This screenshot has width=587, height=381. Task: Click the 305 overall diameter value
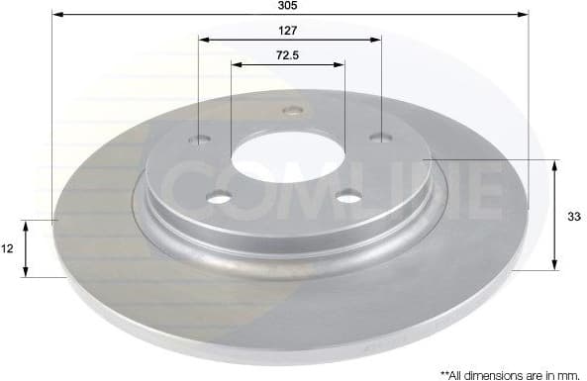pyautogui.click(x=288, y=5)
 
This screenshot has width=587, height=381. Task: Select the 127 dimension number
pyautogui.click(x=290, y=29)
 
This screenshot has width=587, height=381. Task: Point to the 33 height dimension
pyautogui.click(x=573, y=214)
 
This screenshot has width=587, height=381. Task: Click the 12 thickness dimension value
pyautogui.click(x=8, y=249)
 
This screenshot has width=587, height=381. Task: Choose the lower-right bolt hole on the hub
pyautogui.click(x=349, y=198)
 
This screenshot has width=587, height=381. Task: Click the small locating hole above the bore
pyautogui.click(x=291, y=111)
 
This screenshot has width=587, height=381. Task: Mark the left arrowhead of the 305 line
pyautogui.click(x=56, y=15)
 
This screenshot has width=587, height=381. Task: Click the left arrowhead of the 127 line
pyautogui.click(x=203, y=40)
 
